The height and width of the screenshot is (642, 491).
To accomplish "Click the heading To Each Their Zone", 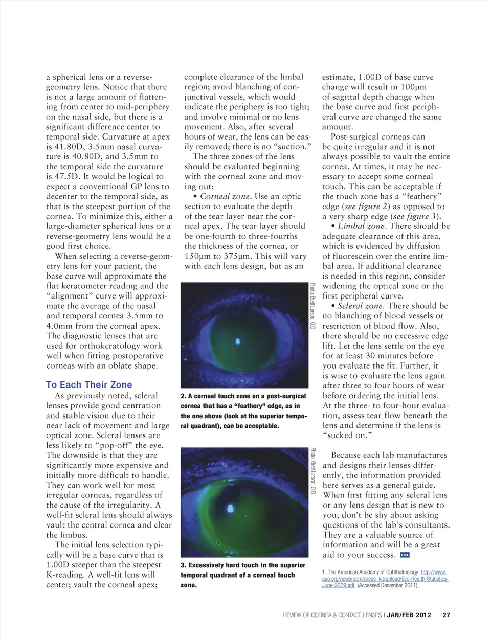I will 89,385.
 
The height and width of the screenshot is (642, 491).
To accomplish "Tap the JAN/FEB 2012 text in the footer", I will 412,615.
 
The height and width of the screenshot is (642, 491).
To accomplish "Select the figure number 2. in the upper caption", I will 183,396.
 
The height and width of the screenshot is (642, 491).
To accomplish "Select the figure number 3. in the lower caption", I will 183,565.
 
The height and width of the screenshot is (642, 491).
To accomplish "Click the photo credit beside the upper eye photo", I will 313,306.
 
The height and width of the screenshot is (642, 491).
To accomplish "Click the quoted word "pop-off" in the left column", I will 113,445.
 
